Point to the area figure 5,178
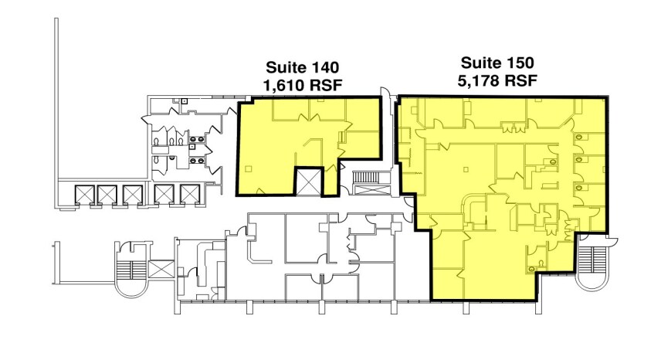click(x=480, y=80)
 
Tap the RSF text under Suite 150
click(x=521, y=80)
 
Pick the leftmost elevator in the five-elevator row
click(x=83, y=195)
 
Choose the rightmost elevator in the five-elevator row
click(x=189, y=195)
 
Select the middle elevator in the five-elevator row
click(x=132, y=195)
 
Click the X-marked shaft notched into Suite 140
click(x=309, y=182)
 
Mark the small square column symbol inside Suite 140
click(x=249, y=168)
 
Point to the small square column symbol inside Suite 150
click(x=466, y=169)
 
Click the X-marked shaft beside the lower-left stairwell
click(x=161, y=269)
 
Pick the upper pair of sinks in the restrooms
click(x=196, y=139)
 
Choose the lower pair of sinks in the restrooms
click(x=196, y=160)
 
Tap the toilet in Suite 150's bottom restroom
click(x=531, y=267)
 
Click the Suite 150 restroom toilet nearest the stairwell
click(x=580, y=188)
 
